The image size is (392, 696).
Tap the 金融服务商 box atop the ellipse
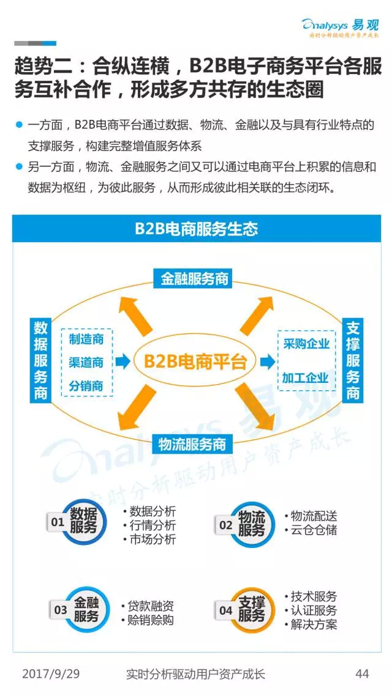click(194, 278)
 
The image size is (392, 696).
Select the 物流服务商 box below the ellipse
click(192, 444)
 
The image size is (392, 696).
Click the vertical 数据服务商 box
click(41, 360)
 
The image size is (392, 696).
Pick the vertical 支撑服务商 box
click(352, 360)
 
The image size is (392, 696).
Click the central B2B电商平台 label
click(195, 361)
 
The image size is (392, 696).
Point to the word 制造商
click(86, 340)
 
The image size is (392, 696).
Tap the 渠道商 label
click(86, 362)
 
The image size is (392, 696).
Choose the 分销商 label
click(86, 385)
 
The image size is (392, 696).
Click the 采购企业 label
click(306, 344)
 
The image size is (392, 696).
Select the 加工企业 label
click(306, 378)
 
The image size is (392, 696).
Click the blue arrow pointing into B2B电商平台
click(123, 361)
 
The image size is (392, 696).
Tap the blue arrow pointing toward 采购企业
click(268, 361)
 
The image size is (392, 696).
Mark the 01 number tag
click(58, 522)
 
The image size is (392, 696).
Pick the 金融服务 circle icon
click(85, 609)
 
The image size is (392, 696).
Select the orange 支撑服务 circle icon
click(251, 609)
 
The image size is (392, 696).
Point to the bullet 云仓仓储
click(311, 530)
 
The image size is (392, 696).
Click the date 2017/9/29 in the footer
click(51, 674)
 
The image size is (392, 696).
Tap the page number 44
click(362, 674)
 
